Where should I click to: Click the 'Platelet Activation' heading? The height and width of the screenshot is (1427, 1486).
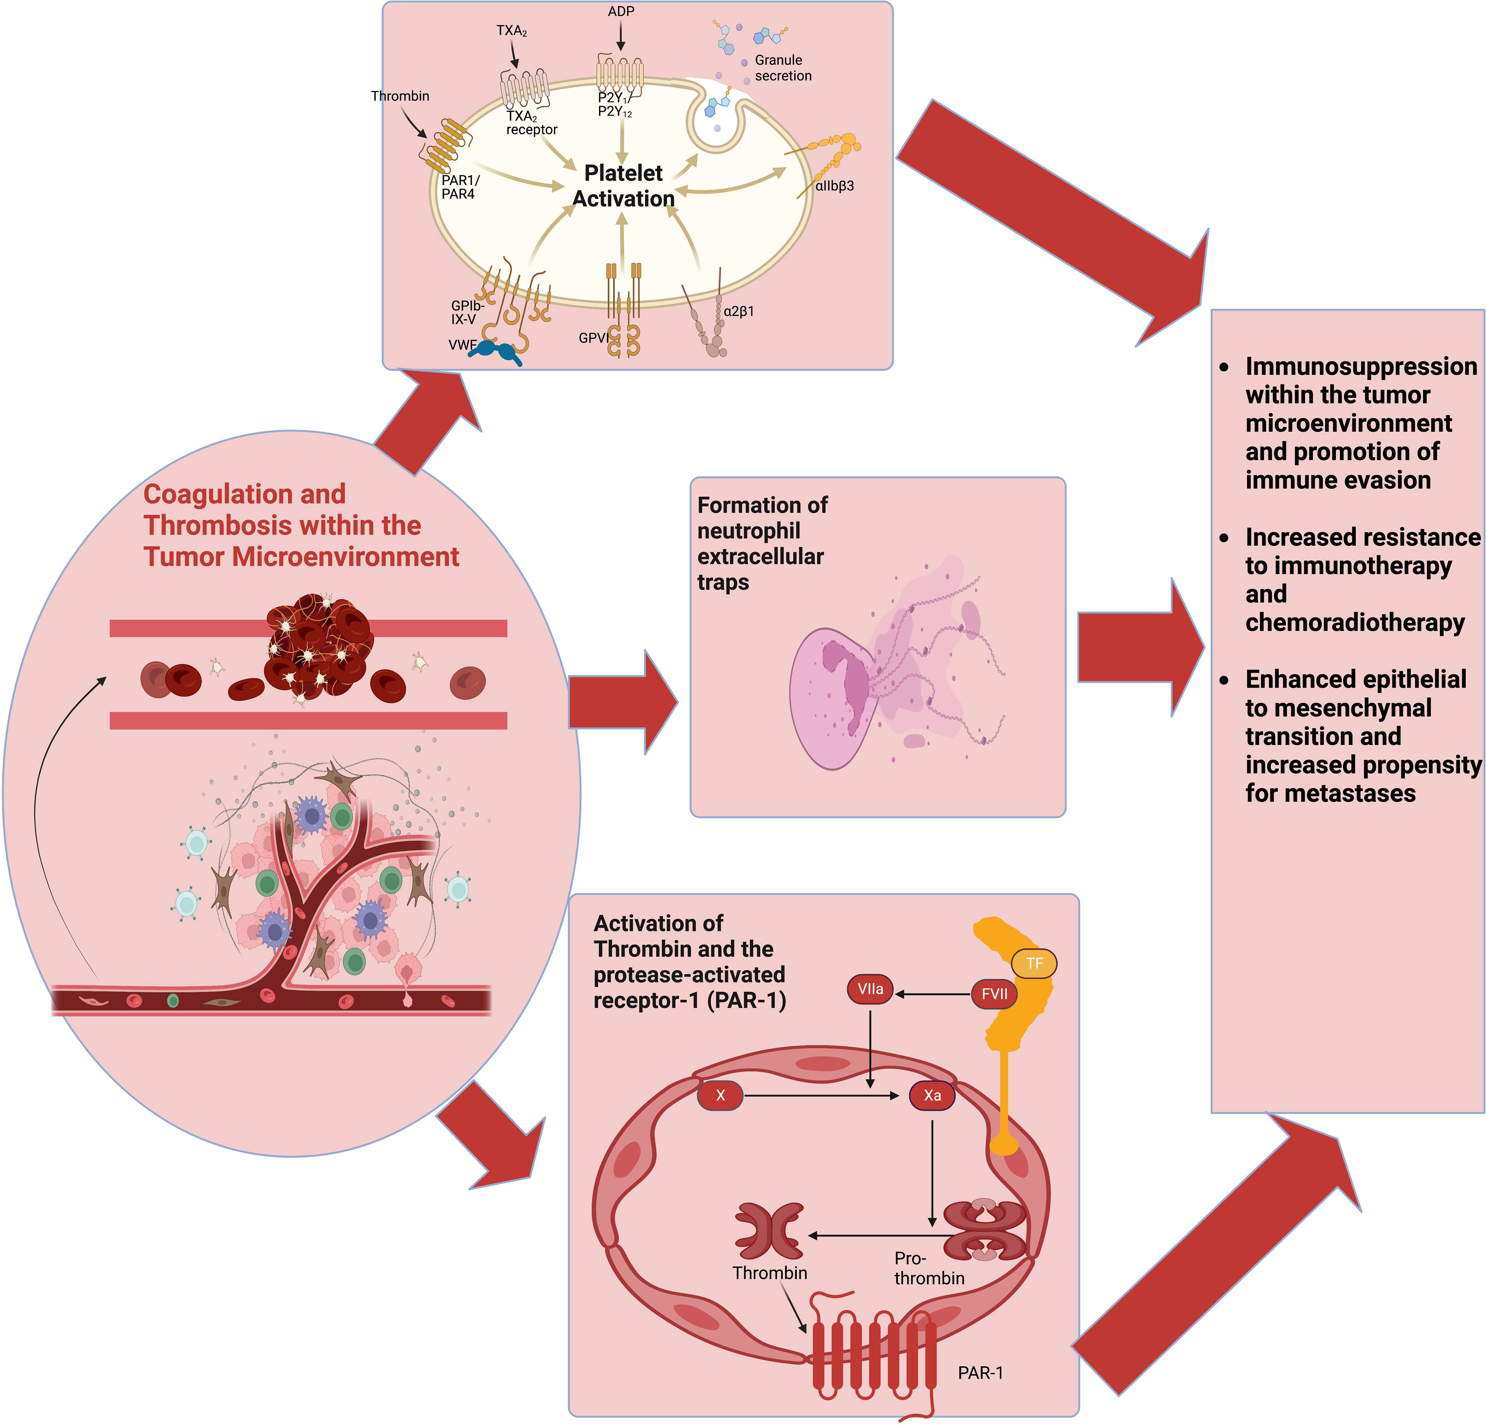[623, 186]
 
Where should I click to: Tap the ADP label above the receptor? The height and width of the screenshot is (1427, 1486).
[621, 11]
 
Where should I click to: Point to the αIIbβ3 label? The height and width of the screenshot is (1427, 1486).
[834, 186]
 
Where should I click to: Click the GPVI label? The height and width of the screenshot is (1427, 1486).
[593, 338]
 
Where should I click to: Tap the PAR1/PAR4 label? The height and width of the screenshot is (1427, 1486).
[460, 186]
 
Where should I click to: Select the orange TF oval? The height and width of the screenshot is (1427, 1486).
[1034, 963]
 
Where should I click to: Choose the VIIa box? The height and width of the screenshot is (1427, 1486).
[870, 989]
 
